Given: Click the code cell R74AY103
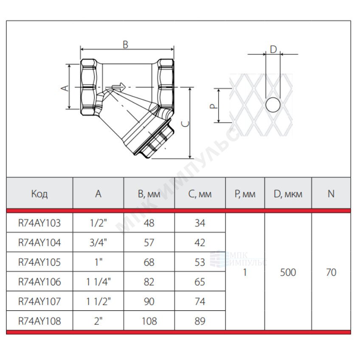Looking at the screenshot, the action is (x=39, y=223).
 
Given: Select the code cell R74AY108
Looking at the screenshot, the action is (x=39, y=321).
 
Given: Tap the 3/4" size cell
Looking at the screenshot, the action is (x=98, y=242).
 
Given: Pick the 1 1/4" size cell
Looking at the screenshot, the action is (x=98, y=282).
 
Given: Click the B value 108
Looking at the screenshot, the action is (x=149, y=321).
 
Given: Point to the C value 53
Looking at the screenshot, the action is (x=200, y=262).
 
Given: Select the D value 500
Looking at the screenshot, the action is (x=288, y=272).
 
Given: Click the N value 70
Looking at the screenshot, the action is (x=331, y=272).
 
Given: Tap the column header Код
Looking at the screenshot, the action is (x=39, y=194).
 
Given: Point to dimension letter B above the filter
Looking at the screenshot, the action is (x=125, y=45).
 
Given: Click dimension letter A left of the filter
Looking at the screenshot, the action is (x=65, y=88).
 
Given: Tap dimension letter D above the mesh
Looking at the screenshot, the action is (x=273, y=49).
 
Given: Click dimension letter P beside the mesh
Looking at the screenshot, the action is (x=214, y=106).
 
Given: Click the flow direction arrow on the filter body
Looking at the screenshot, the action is (x=119, y=87).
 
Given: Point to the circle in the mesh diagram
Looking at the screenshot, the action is (x=273, y=105).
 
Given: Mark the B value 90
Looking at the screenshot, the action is (x=149, y=301).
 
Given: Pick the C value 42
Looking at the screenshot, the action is (x=200, y=242).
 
